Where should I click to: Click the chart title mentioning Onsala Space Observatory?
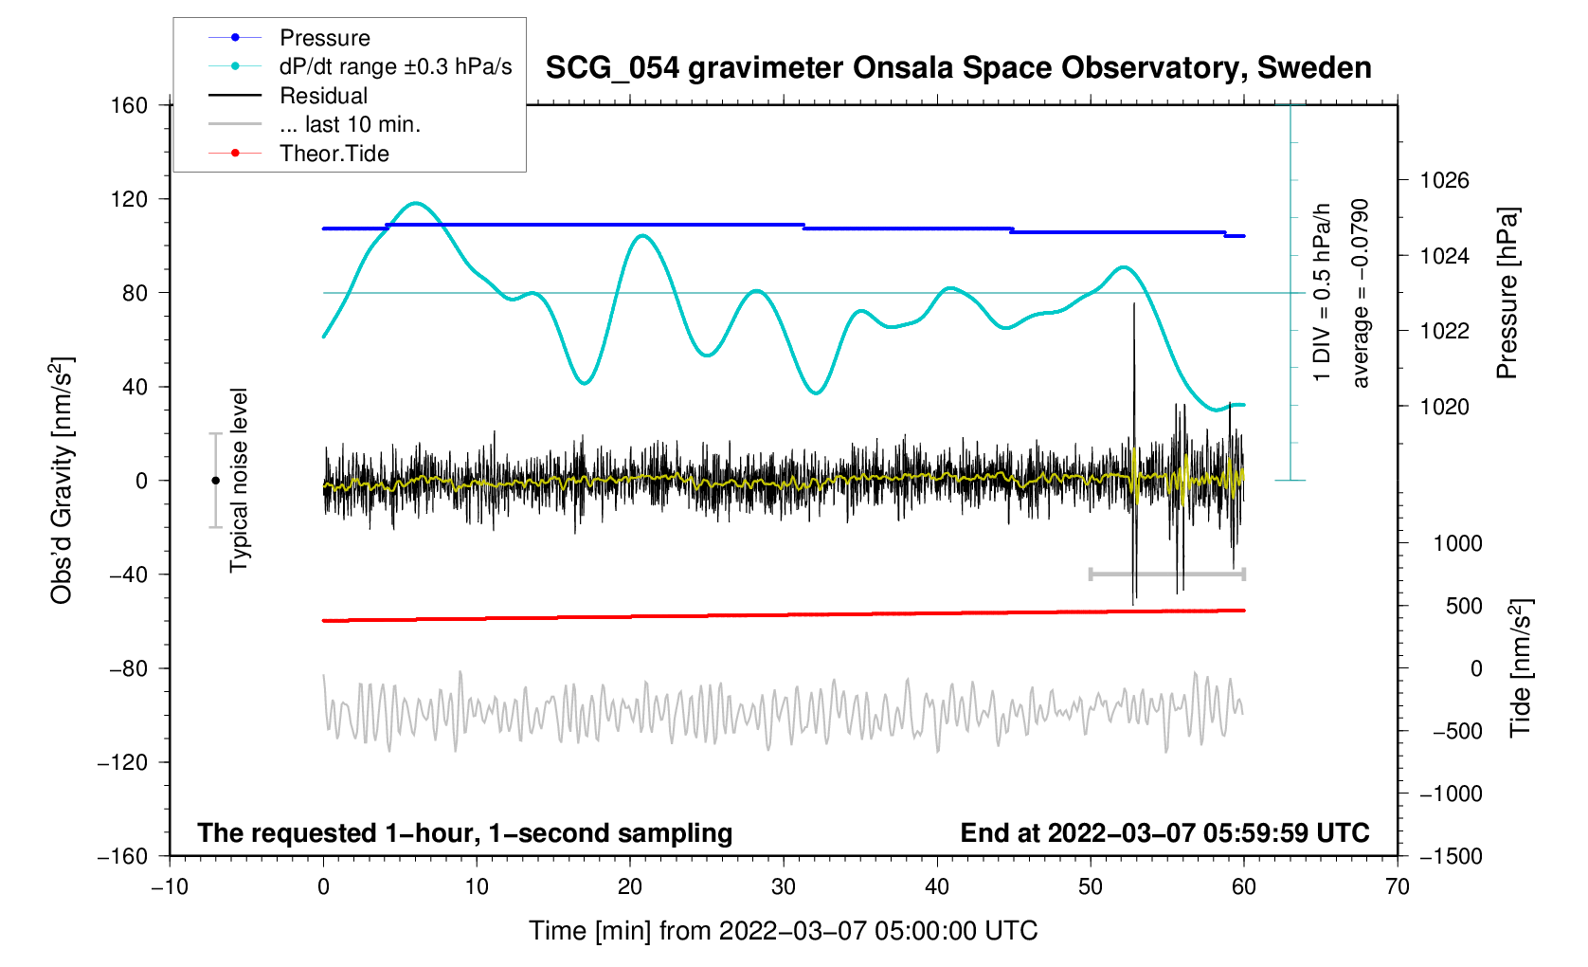pos(958,68)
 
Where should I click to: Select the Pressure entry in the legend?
pos(324,38)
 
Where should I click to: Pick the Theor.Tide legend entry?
pos(334,154)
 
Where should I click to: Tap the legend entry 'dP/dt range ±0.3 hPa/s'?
pos(395,66)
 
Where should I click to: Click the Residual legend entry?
pos(323,96)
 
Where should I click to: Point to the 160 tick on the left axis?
pos(130,105)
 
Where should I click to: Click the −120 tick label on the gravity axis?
pos(123,762)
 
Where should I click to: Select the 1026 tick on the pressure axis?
pos(1444,180)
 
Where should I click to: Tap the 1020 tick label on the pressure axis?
pos(1444,407)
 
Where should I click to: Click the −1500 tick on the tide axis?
pos(1451,856)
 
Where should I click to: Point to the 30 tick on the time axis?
pos(784,887)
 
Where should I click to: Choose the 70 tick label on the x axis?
pos(1397,887)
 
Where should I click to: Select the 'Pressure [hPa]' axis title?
pos(1507,294)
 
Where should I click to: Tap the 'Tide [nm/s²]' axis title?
pos(1521,668)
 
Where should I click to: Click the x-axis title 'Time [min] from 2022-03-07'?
pos(784,931)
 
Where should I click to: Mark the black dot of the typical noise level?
pos(215,481)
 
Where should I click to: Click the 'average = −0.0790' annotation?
pos(1361,294)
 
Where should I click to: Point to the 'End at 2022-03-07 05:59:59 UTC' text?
pos(1164,833)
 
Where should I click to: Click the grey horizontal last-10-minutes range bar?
pos(1167,574)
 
